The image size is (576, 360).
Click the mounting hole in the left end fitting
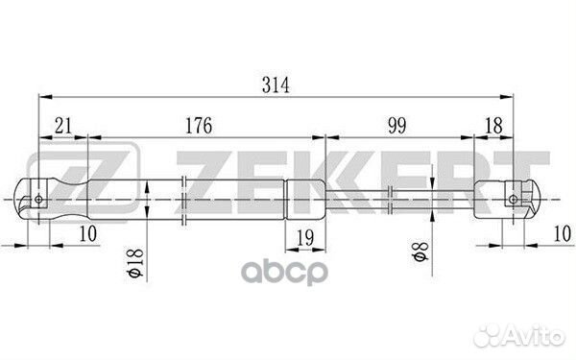(38, 200)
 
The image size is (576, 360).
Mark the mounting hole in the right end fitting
(513, 200)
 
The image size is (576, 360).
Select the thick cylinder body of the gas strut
(192, 200)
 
